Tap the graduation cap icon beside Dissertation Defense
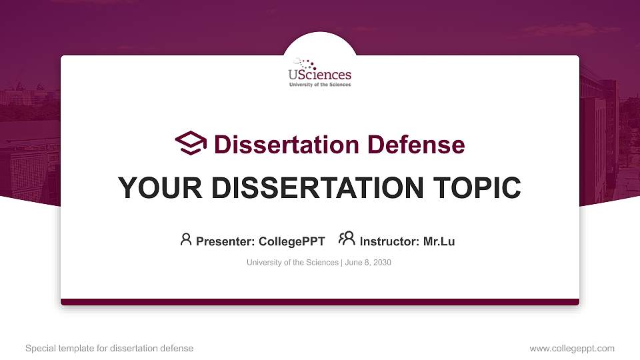click(x=191, y=143)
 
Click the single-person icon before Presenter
click(x=186, y=240)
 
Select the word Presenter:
click(x=223, y=241)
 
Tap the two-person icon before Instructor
click(x=347, y=239)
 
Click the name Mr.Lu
click(x=439, y=241)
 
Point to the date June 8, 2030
click(x=368, y=263)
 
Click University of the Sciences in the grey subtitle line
click(x=293, y=263)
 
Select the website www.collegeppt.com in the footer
click(x=572, y=349)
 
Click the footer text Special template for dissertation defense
click(x=109, y=349)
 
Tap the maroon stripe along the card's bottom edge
click(x=320, y=302)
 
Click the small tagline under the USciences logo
click(x=320, y=85)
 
